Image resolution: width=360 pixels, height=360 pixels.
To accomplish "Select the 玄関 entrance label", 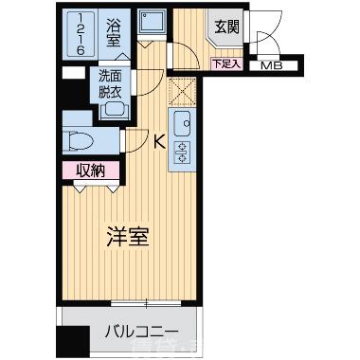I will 226,27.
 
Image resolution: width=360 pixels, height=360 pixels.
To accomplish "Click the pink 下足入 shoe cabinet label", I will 225,64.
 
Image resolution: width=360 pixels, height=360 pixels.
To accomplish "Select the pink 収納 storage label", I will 91,171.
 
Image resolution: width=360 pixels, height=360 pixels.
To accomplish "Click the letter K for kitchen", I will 159,143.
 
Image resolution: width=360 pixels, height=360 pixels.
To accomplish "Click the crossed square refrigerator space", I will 181,90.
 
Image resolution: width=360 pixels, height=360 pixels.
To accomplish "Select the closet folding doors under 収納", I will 91,187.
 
